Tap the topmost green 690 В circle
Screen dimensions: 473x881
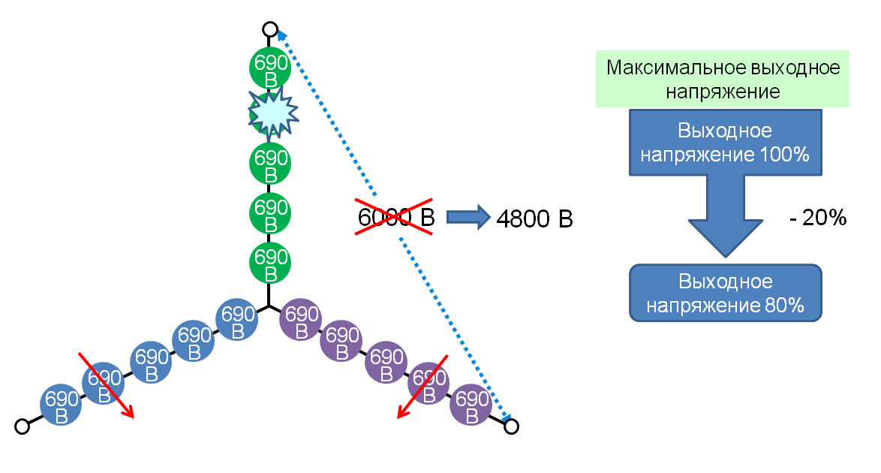coord(270,71)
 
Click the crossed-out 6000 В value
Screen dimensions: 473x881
coord(394,217)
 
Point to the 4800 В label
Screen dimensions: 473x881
coord(534,219)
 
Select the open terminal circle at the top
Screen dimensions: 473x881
coord(270,30)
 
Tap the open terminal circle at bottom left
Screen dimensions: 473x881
coord(23,426)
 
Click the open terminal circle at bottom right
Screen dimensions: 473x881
coord(511,426)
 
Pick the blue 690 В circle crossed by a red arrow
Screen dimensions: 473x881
coord(103,384)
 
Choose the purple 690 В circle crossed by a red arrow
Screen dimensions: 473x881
coord(428,384)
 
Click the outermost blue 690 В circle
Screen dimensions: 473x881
coord(61,405)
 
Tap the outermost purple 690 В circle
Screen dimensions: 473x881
coord(471,406)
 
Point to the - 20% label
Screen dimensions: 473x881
coord(817,219)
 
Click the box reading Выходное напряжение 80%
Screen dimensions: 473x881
coord(725,294)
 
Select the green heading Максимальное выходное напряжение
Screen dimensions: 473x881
coord(723,80)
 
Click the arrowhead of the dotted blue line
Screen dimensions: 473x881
coord(280,33)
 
